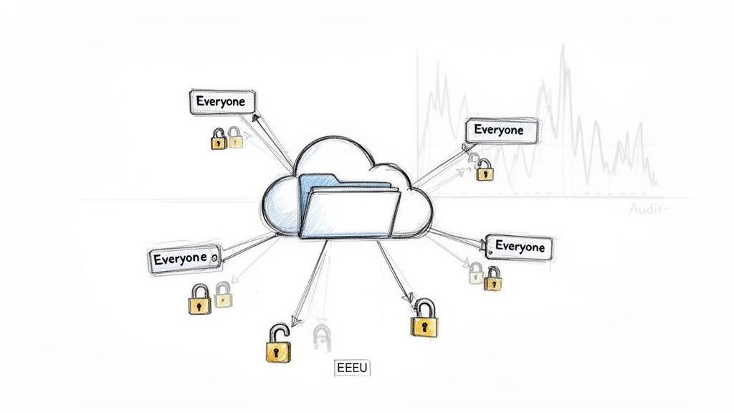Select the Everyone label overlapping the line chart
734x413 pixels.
(499, 130)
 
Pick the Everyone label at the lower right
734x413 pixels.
(520, 247)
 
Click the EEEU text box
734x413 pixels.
(352, 369)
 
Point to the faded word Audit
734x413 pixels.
(647, 209)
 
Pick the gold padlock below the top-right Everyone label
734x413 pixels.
(485, 171)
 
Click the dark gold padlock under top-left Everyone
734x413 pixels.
(219, 139)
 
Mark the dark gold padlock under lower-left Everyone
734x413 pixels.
(199, 300)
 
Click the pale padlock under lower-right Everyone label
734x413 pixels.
(476, 273)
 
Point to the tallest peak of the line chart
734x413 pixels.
(563, 49)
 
